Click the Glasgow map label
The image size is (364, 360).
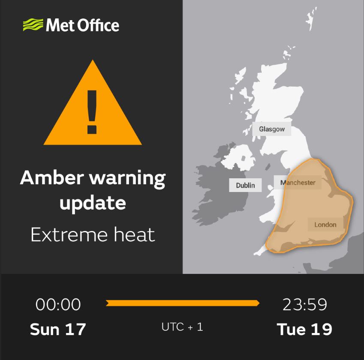click(x=272, y=129)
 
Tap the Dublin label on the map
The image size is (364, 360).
click(x=245, y=185)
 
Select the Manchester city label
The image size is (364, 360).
click(x=298, y=183)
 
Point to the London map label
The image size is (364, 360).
click(x=325, y=225)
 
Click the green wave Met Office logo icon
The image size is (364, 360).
click(x=33, y=25)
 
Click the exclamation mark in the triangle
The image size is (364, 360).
click(x=92, y=112)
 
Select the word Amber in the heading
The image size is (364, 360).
click(x=51, y=177)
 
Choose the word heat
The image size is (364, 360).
click(x=134, y=235)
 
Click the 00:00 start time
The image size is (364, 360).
click(x=58, y=305)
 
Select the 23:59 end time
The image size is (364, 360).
click(x=304, y=305)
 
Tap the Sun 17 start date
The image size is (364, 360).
click(x=58, y=329)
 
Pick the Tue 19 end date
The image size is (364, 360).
click(x=304, y=329)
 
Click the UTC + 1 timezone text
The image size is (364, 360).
click(x=182, y=327)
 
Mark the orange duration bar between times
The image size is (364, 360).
click(x=182, y=303)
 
